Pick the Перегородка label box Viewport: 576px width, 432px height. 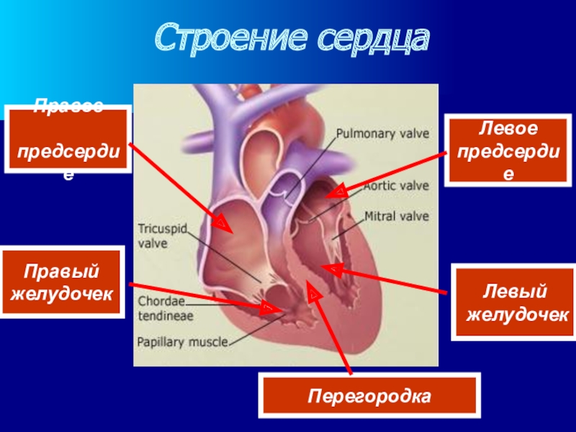(x=369, y=395)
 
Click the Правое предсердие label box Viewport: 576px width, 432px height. (x=68, y=140)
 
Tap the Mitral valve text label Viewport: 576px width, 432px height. (x=396, y=216)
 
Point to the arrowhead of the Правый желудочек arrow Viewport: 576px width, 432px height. (x=274, y=309)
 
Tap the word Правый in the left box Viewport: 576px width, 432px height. (x=63, y=272)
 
